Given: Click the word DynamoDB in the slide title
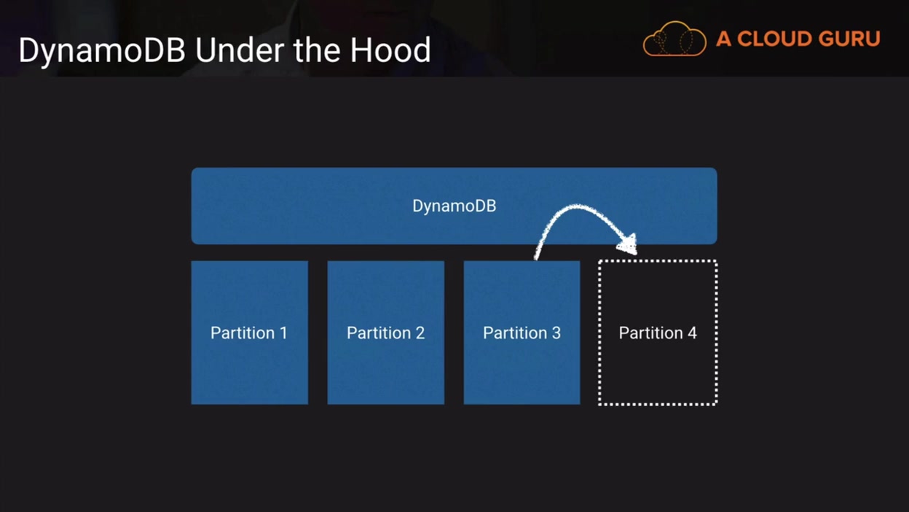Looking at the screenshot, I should click(101, 51).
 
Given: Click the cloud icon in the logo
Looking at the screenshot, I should click(674, 39).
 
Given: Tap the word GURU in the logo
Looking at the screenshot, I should click(854, 39).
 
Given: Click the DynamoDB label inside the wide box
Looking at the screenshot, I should click(454, 206).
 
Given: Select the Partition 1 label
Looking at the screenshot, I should click(248, 333).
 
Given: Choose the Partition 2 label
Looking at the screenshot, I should click(385, 333).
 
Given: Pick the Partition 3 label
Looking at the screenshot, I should click(522, 333).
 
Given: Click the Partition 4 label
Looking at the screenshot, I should click(658, 333).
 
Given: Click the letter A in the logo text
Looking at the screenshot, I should click(723, 39).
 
